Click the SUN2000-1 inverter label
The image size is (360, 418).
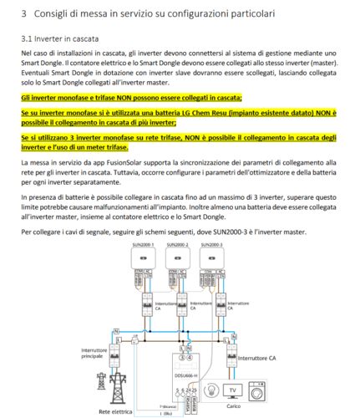(x=137, y=244)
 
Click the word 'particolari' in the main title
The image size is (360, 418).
(x=265, y=14)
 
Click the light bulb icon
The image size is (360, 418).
(x=231, y=390)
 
